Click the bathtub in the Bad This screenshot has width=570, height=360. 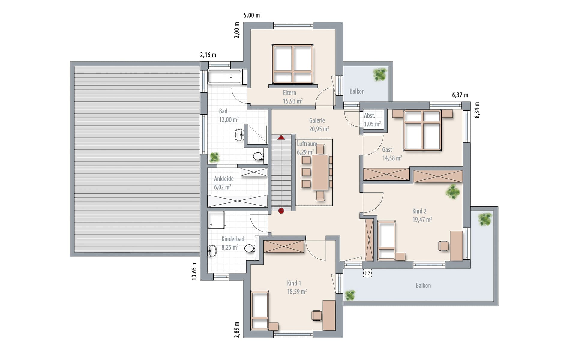click(x=225, y=77)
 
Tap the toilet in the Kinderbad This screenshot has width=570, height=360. click(x=250, y=248)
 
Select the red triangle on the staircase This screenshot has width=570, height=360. click(x=281, y=138)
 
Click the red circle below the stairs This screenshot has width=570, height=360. click(x=281, y=211)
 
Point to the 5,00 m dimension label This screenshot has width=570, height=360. click(x=252, y=15)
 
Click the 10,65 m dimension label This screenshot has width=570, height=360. click(x=194, y=271)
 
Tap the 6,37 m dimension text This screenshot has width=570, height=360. click(x=460, y=95)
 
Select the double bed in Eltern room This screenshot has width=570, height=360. click(x=293, y=64)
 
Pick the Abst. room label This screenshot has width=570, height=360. click(x=369, y=115)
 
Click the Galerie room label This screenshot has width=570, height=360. click(x=317, y=120)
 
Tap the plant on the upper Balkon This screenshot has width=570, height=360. click(x=380, y=74)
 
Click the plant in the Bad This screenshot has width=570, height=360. click(x=214, y=157)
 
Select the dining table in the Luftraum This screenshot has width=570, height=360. click(x=320, y=172)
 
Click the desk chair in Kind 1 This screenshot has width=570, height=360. click(x=317, y=315)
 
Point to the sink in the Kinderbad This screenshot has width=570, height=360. click(x=212, y=250)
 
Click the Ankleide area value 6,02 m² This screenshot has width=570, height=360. click(x=223, y=187)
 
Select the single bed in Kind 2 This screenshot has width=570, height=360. click(x=386, y=240)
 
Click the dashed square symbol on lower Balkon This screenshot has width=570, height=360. click(x=367, y=273)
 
